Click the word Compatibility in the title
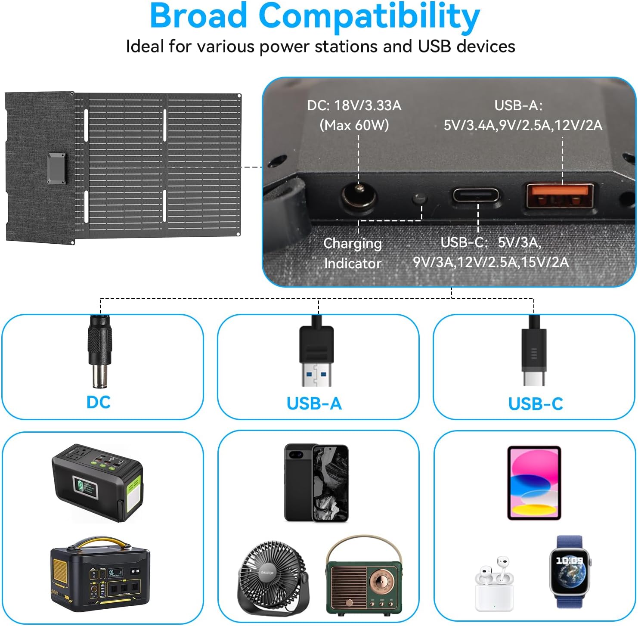click(x=369, y=16)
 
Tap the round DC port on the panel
click(x=359, y=197)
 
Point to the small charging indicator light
click(x=419, y=199)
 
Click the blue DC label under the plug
click(x=99, y=402)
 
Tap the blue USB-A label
click(x=314, y=404)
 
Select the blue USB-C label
click(x=536, y=404)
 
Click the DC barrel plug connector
click(x=100, y=351)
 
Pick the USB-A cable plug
click(x=316, y=351)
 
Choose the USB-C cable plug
click(x=534, y=351)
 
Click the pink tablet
click(x=534, y=483)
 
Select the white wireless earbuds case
click(x=495, y=584)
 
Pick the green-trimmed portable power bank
click(x=97, y=483)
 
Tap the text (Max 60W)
click(x=354, y=125)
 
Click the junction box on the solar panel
click(x=57, y=168)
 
